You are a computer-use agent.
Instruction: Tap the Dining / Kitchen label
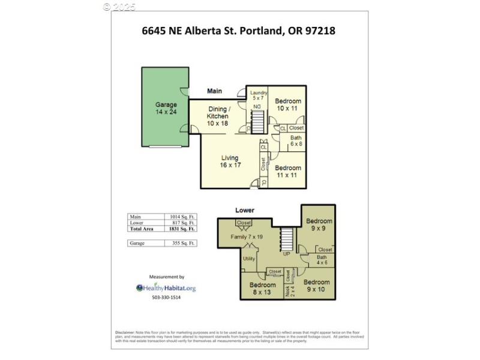pyautogui.click(x=218, y=116)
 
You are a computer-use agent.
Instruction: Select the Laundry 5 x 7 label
pyautogui.click(x=259, y=95)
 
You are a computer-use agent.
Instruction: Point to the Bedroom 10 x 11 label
pyautogui.click(x=287, y=105)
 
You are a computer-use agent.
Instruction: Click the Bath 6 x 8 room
pyautogui.click(x=296, y=140)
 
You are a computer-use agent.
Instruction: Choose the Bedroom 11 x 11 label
pyautogui.click(x=288, y=172)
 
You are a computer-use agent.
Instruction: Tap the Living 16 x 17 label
pyautogui.click(x=230, y=161)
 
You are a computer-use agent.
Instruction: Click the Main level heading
pyautogui.click(x=214, y=91)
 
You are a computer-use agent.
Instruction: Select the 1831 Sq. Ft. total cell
pyautogui.click(x=181, y=229)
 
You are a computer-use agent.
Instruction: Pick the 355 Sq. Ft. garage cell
pyautogui.click(x=181, y=243)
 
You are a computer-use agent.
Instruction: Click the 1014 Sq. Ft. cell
pyautogui.click(x=181, y=216)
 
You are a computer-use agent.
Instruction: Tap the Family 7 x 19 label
pyautogui.click(x=247, y=237)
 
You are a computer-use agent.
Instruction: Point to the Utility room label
pyautogui.click(x=249, y=259)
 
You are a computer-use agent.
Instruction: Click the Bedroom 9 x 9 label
pyautogui.click(x=318, y=224)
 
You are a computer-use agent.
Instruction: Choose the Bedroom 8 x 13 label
pyautogui.click(x=262, y=289)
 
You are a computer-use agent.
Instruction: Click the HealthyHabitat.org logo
pyautogui.click(x=166, y=288)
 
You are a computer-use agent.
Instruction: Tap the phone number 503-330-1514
pyautogui.click(x=166, y=298)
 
